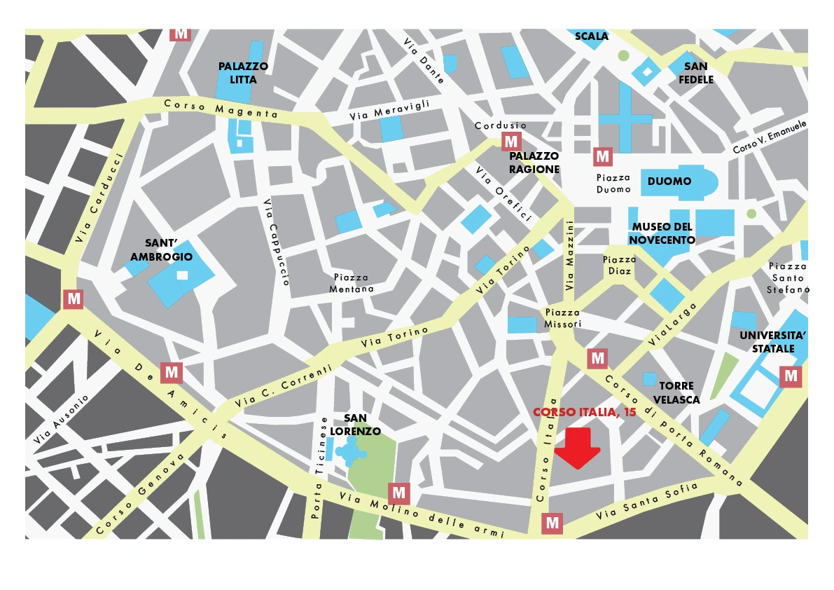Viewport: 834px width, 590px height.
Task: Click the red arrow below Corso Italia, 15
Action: coord(577,450)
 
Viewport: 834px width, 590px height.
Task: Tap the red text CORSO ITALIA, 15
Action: coord(585,413)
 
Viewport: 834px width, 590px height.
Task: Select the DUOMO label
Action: coord(669,181)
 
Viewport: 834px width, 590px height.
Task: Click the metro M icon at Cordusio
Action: coord(511,142)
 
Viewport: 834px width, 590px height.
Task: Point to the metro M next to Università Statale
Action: coord(791,376)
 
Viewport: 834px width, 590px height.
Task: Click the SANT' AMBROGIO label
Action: coord(161,249)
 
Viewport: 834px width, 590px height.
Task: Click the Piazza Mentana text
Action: coord(352,283)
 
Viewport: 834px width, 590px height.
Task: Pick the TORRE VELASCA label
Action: coord(676,392)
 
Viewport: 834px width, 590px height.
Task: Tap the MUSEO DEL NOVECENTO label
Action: coord(662,233)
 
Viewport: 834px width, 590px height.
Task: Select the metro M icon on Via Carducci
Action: coord(74,299)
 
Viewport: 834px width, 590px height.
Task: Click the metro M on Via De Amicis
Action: coord(172,372)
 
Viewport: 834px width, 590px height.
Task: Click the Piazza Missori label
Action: coord(563,318)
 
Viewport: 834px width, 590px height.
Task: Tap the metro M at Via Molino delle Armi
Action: coord(400,493)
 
